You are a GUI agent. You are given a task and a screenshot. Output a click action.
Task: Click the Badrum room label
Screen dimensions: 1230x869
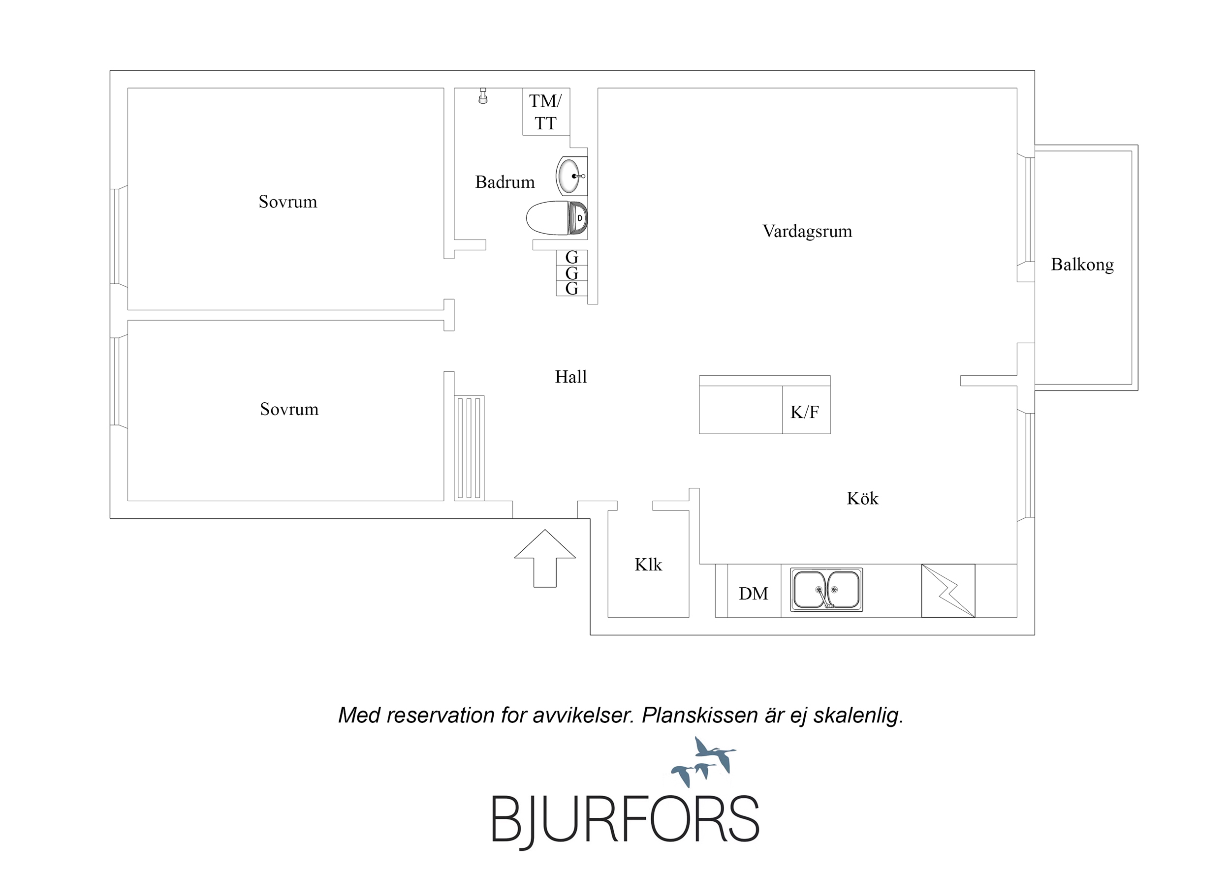(505, 182)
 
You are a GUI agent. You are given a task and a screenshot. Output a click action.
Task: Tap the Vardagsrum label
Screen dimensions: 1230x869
(807, 231)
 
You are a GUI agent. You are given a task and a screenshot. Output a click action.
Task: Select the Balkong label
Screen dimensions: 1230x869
(1082, 265)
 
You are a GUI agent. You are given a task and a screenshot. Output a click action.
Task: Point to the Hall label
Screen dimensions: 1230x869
(571, 377)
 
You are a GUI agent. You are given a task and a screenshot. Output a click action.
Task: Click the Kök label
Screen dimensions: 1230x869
(862, 499)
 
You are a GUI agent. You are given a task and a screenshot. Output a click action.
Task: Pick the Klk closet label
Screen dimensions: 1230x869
(648, 565)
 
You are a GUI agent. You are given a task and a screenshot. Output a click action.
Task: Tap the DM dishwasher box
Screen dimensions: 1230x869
(754, 591)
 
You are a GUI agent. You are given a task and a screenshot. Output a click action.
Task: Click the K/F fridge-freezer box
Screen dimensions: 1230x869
(806, 410)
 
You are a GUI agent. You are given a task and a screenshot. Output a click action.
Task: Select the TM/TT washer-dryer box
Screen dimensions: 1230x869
(546, 111)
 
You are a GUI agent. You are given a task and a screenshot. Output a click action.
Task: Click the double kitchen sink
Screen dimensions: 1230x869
(826, 590)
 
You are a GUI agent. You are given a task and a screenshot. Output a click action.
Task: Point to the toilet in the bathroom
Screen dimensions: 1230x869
(557, 218)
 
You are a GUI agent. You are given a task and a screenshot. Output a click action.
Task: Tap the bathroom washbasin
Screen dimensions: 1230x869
(571, 176)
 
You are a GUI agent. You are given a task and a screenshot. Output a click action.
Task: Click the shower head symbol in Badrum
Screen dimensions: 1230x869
(483, 96)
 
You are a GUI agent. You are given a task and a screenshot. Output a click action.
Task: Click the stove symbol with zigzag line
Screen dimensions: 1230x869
(947, 591)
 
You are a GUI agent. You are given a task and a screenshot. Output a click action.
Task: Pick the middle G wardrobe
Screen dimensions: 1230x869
(571, 273)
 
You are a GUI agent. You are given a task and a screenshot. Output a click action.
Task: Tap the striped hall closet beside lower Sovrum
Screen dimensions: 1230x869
(469, 448)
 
